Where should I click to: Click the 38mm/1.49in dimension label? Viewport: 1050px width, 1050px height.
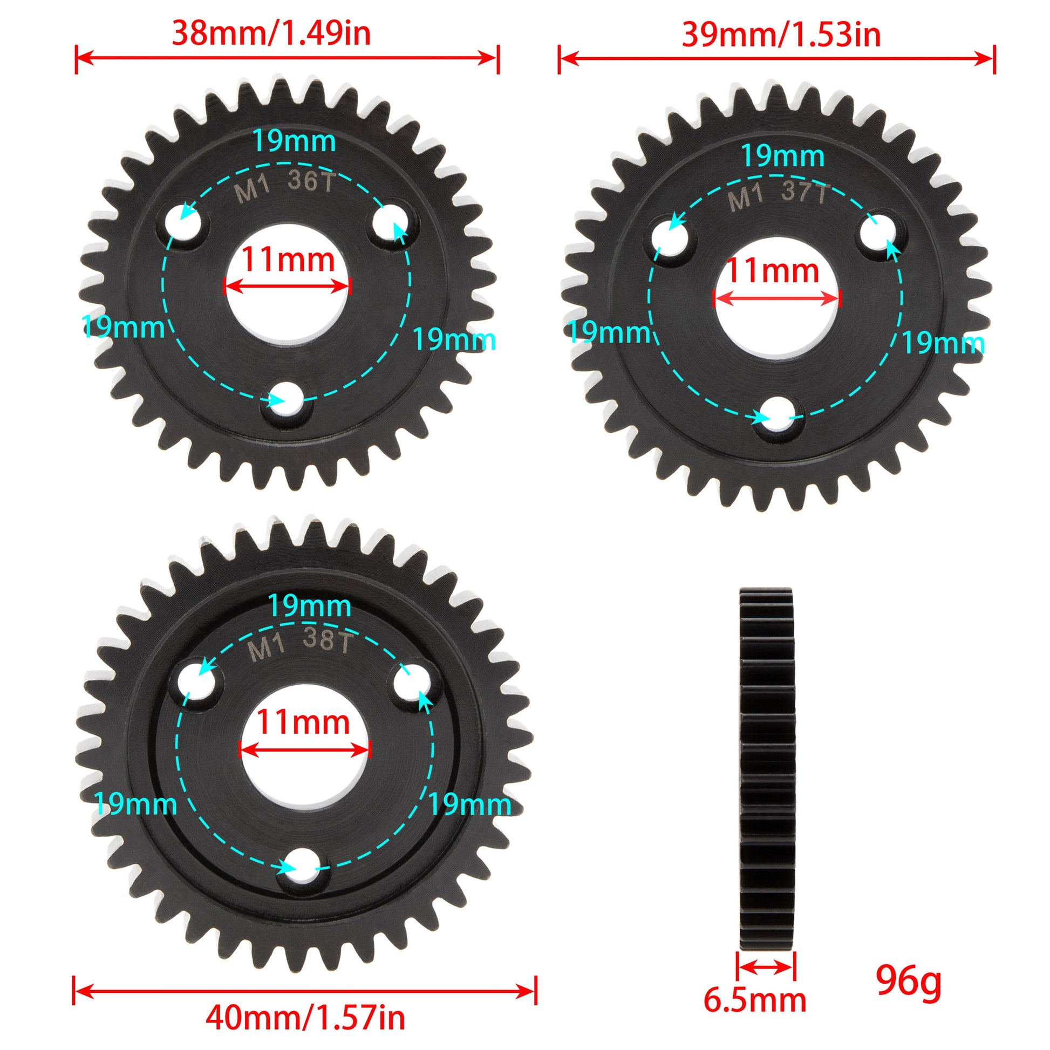[x=271, y=33]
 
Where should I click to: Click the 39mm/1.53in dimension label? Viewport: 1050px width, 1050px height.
[x=781, y=35]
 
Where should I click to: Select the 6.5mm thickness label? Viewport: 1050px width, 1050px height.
[x=755, y=1000]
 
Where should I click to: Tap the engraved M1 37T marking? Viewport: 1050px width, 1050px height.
[x=778, y=197]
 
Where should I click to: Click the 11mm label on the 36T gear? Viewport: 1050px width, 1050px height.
[x=288, y=260]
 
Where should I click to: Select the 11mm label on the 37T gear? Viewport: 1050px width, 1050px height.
[x=772, y=271]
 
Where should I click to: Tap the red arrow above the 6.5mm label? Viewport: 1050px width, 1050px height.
[x=766, y=966]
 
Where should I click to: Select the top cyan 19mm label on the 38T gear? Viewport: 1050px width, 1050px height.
[x=309, y=605]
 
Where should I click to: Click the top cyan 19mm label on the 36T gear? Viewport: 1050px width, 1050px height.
[x=294, y=142]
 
